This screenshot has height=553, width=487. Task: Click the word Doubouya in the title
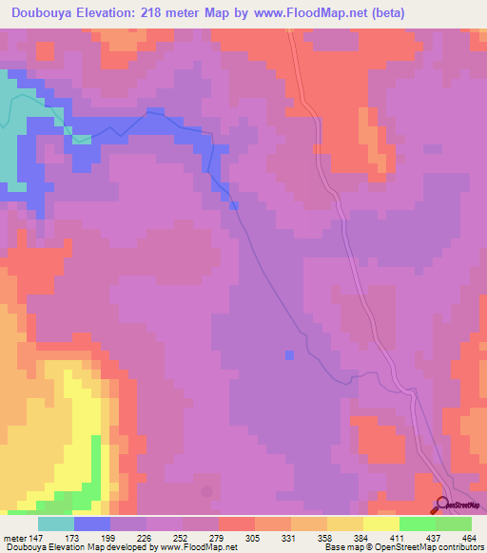[x=48, y=13]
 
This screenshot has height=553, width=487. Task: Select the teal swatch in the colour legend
[x=56, y=524]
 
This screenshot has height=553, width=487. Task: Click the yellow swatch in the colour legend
[x=381, y=524]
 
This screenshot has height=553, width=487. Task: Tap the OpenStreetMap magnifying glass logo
[x=441, y=505]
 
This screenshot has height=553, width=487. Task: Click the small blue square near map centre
[x=289, y=355]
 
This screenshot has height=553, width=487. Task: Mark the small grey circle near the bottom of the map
[x=207, y=491]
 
